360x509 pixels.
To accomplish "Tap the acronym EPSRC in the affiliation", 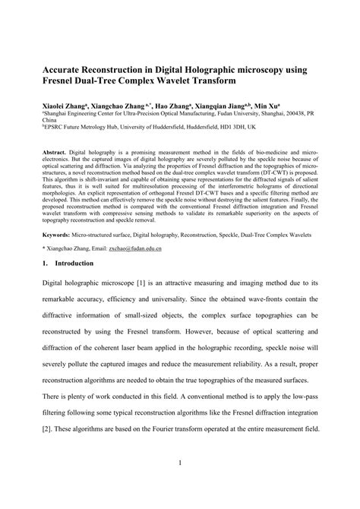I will click(57, 129).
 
